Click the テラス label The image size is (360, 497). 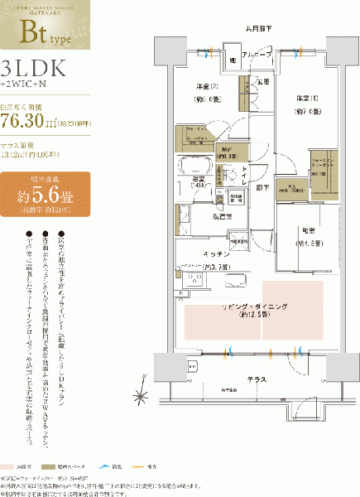click(256, 378)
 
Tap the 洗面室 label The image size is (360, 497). click(201, 217)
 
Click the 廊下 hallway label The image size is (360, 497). click(263, 188)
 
